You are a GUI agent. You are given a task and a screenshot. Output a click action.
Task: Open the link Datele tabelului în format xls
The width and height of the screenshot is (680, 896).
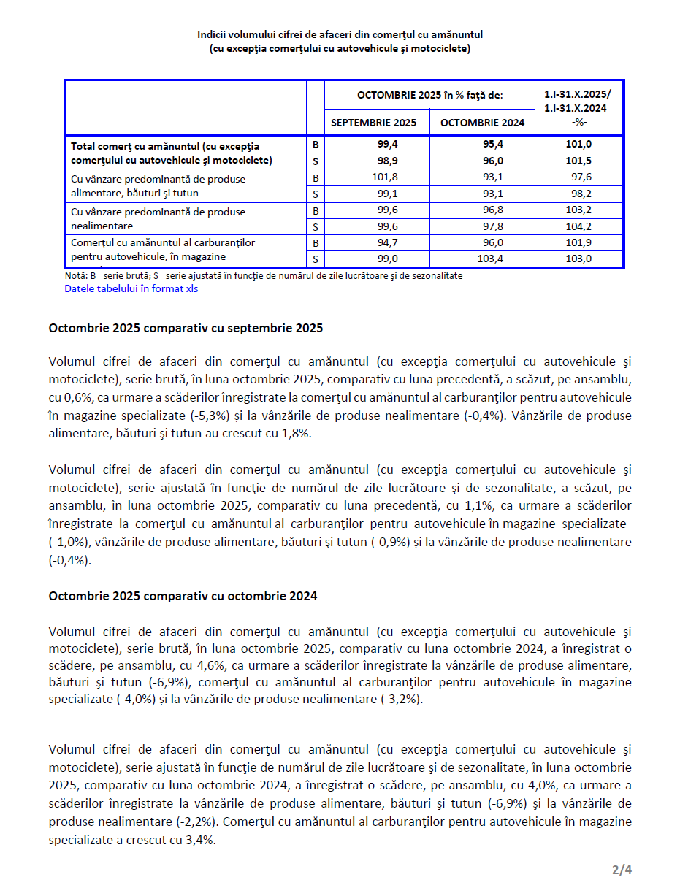[131, 288]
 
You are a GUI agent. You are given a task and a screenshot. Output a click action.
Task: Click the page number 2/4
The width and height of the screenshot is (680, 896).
[622, 870]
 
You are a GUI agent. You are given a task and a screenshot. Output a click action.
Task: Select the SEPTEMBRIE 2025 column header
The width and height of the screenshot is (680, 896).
[373, 123]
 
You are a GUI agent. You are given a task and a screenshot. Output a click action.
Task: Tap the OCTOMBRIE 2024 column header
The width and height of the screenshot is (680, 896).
[482, 123]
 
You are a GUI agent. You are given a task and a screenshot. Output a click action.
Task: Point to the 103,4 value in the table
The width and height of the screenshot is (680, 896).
[489, 259]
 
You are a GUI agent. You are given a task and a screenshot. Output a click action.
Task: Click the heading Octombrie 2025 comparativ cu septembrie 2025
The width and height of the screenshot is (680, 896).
[186, 329]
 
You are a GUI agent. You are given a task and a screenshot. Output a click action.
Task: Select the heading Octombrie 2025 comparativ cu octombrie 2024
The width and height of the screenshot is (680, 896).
[183, 596]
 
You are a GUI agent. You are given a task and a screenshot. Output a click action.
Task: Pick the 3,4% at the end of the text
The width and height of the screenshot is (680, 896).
[199, 840]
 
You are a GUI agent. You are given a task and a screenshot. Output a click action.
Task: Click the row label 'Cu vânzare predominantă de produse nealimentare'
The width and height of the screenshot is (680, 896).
[158, 219]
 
